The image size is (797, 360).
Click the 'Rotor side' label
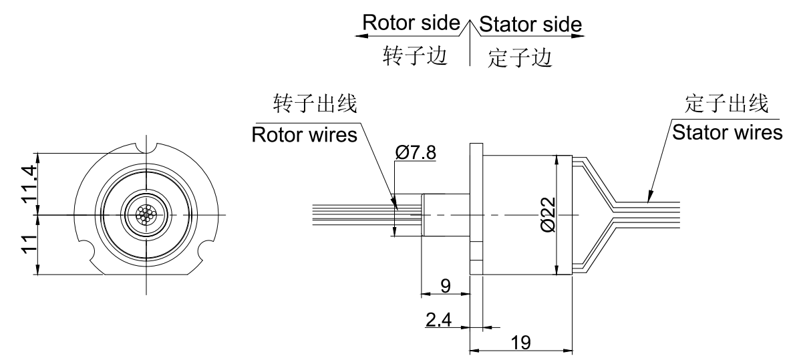[411, 23]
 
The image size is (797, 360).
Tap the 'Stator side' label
[531, 24]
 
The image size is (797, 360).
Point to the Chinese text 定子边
[520, 57]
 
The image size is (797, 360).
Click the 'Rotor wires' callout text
[304, 135]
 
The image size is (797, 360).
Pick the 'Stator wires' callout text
[727, 132]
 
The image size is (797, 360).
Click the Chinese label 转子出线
[315, 104]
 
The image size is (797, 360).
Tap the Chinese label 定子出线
[727, 104]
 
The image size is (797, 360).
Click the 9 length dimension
[446, 285]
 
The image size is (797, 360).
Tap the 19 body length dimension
[521, 341]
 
